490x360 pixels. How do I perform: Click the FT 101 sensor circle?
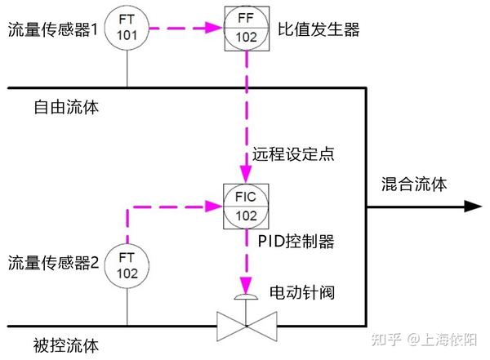(x=128, y=29)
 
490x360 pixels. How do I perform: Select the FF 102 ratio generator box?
(x=246, y=29)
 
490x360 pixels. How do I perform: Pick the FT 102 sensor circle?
(x=128, y=264)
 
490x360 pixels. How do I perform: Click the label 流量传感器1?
(x=53, y=31)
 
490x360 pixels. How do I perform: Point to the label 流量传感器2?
(x=53, y=263)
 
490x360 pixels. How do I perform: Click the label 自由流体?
(x=66, y=107)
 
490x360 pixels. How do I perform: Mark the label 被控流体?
(x=66, y=345)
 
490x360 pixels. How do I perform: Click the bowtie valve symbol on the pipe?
(x=246, y=327)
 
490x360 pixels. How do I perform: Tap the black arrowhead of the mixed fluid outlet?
(x=474, y=207)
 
